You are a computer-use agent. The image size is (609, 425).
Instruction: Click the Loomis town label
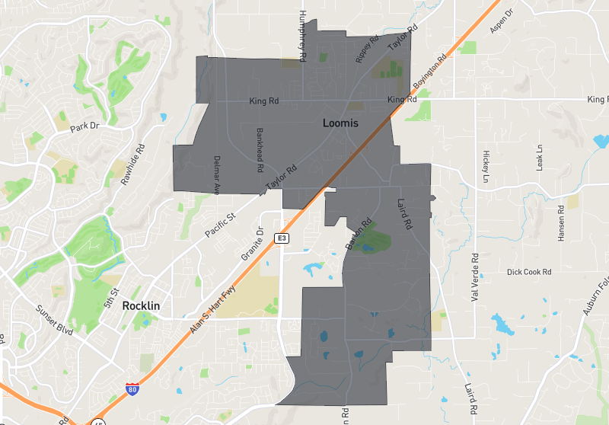click(x=340, y=122)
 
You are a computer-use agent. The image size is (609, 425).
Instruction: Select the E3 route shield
click(x=282, y=239)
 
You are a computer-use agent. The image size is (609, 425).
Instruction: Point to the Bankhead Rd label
click(x=260, y=149)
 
